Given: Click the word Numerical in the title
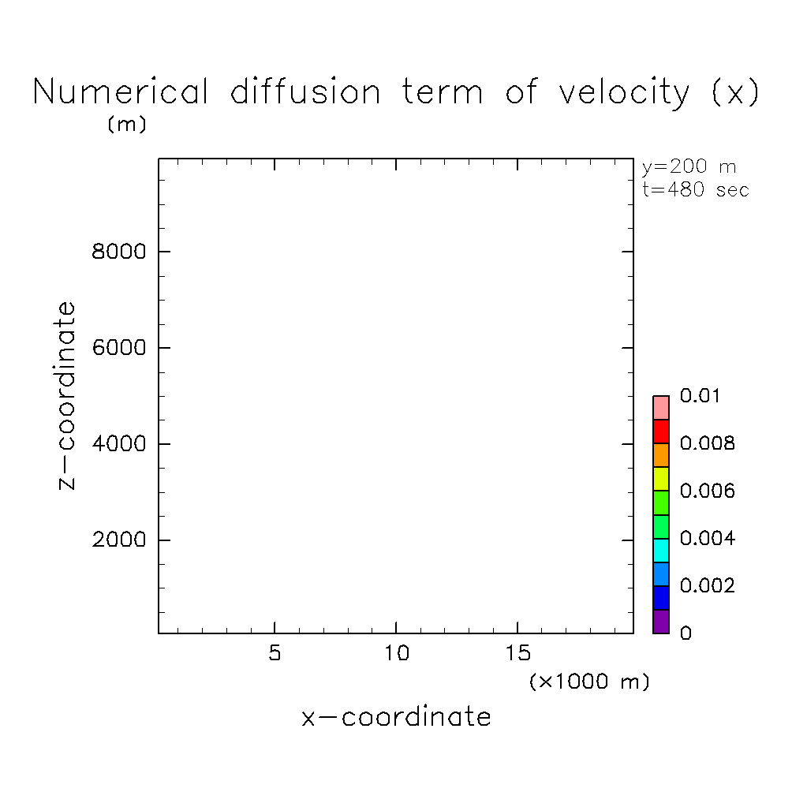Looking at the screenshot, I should coord(121,93).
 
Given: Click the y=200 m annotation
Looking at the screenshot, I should coord(689,167).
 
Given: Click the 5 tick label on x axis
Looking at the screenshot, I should coord(274,655).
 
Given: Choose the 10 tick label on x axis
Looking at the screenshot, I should coord(395,655).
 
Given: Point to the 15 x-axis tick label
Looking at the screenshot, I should coord(517,655).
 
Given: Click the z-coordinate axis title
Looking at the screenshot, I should coord(69,395).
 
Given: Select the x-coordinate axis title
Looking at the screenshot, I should coord(396,717).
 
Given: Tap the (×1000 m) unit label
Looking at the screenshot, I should coord(589,682).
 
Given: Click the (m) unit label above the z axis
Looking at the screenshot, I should coord(127,125).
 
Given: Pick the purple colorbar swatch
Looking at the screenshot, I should coord(660,622).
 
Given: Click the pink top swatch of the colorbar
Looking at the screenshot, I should coord(660,408).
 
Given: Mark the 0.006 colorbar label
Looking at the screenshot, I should coord(707,491).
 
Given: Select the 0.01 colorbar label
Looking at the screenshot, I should coord(700,396).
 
